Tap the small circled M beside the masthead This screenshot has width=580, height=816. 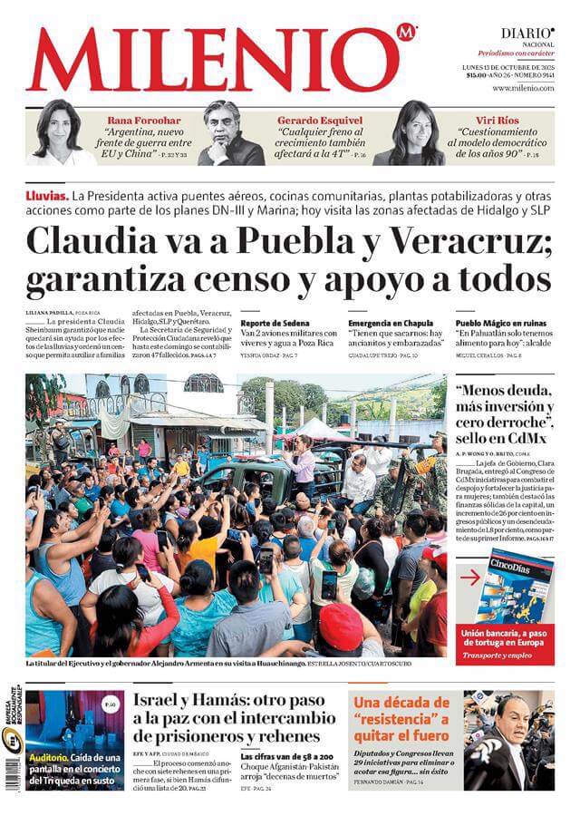point(405,34)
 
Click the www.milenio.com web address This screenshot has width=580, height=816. point(523,88)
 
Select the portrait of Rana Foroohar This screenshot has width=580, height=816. point(57,132)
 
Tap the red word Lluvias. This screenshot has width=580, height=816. point(47,196)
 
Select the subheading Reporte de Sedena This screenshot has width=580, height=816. point(275,323)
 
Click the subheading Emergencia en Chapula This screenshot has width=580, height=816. point(391,323)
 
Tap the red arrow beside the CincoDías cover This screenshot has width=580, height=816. point(469,577)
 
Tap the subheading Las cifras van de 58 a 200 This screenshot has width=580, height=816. point(287,755)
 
